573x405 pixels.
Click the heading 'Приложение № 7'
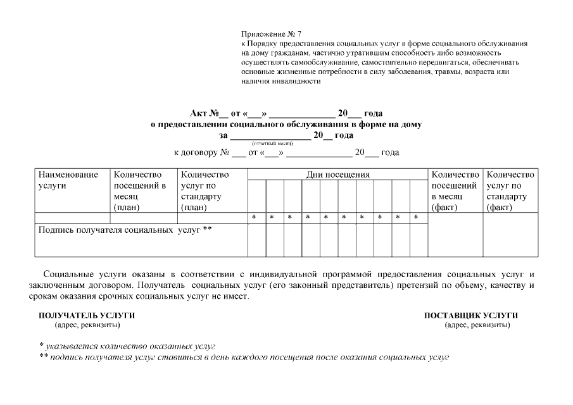(x=271, y=33)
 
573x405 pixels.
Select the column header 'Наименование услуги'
(x=68, y=180)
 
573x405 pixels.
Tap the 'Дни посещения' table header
(x=338, y=175)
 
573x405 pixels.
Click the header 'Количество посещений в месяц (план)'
(x=139, y=190)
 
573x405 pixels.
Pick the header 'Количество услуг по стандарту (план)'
(x=204, y=190)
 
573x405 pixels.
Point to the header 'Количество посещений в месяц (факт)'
(x=455, y=190)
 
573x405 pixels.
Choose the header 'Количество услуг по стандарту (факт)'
(x=510, y=190)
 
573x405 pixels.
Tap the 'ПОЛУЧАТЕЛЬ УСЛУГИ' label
(x=87, y=315)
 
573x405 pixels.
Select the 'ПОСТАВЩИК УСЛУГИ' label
(x=471, y=315)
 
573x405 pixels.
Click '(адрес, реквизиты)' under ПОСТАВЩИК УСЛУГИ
(x=477, y=325)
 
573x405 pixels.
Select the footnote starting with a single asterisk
(x=127, y=346)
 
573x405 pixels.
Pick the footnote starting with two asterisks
(x=244, y=358)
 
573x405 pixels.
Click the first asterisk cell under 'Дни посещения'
(x=254, y=218)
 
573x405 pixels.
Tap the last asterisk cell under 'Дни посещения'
(x=416, y=218)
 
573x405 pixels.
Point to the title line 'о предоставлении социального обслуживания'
(x=286, y=125)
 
